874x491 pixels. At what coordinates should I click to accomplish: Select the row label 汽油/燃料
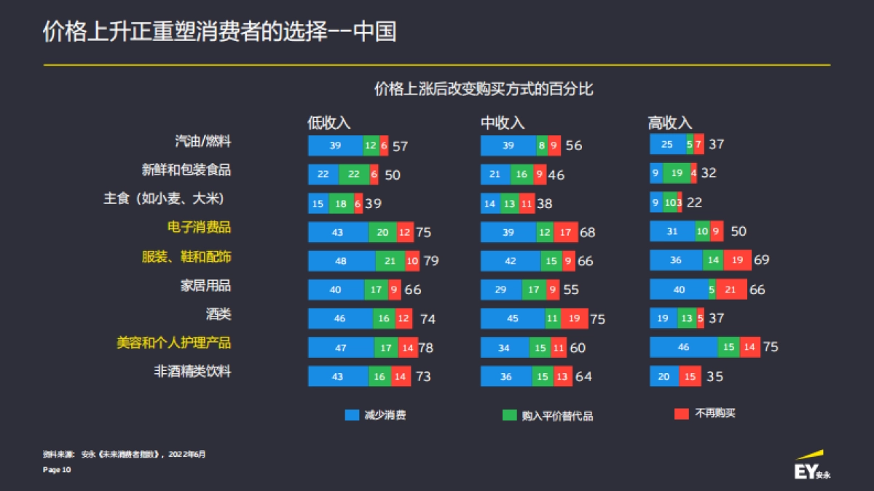coord(203,141)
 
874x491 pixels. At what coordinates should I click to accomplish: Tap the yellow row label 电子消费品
coord(199,228)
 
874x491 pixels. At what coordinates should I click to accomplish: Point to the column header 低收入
coord(328,123)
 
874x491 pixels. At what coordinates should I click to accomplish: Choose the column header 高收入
coord(670,123)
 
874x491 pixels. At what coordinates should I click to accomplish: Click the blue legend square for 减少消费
coord(352,415)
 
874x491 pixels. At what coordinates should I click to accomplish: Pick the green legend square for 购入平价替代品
coord(509,415)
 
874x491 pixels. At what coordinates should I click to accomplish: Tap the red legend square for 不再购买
coord(681,414)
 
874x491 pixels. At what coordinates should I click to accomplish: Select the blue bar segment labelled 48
coord(341,261)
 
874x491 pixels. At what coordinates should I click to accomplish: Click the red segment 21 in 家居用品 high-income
coord(731,290)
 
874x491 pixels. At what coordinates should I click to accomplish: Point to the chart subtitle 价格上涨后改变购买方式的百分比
coord(484,89)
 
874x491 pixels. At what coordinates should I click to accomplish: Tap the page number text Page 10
coord(57,470)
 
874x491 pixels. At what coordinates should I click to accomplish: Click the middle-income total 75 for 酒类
coord(597,319)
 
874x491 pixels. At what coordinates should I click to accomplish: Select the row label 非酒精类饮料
coord(192,372)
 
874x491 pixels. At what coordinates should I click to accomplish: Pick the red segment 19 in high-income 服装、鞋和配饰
coord(737,260)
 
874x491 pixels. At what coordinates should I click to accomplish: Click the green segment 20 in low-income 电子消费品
coord(382,232)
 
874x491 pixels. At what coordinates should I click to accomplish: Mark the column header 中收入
coord(503,123)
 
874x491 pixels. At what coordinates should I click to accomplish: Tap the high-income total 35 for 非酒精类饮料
coord(714,377)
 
